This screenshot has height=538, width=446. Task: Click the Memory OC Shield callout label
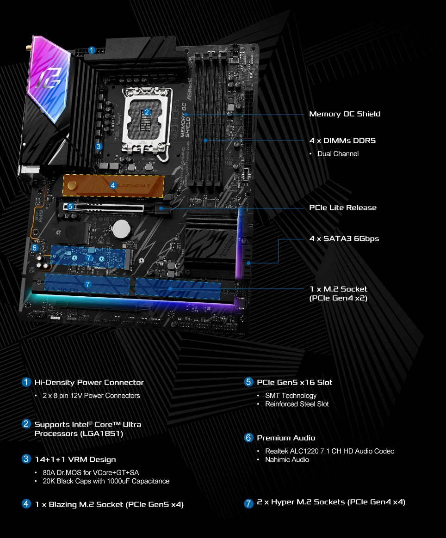click(345, 114)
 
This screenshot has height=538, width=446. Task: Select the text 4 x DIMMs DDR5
click(342, 141)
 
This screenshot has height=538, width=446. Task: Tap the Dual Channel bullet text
click(338, 153)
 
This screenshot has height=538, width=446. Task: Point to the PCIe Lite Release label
click(343, 208)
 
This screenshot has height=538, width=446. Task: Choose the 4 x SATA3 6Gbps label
click(344, 238)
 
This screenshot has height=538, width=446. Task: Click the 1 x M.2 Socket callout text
click(338, 289)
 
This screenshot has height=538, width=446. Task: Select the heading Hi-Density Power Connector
click(89, 382)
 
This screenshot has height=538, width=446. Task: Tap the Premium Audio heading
click(286, 438)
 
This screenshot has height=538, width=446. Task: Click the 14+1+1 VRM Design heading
click(75, 459)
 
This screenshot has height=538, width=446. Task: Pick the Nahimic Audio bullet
click(287, 459)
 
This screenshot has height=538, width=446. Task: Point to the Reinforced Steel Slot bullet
click(297, 404)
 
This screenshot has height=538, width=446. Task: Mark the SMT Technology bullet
click(291, 396)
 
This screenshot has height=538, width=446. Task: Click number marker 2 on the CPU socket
click(147, 112)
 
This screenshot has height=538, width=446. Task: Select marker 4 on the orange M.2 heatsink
click(113, 185)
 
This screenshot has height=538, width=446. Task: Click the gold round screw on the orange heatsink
click(72, 185)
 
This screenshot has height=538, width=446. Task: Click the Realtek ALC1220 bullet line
click(329, 451)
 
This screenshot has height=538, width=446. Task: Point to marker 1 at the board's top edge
click(92, 50)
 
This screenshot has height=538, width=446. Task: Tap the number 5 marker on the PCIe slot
click(70, 207)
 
